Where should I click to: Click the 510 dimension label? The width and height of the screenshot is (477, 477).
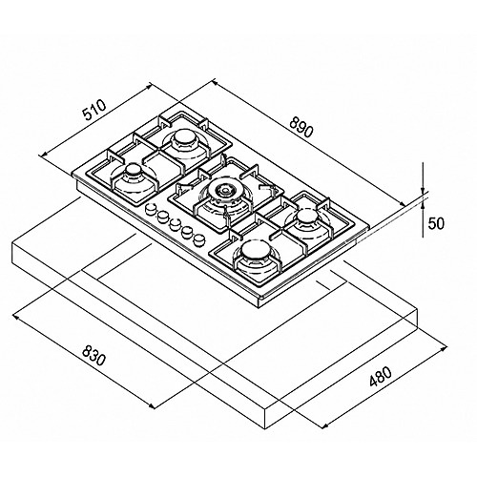tap(93, 110)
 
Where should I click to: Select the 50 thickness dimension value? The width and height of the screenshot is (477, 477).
tap(435, 223)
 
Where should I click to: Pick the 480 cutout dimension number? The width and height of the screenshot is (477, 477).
tap(381, 377)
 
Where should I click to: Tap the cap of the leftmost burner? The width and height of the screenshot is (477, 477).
tap(133, 171)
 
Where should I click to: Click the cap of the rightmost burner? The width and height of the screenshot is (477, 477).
tap(306, 218)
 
